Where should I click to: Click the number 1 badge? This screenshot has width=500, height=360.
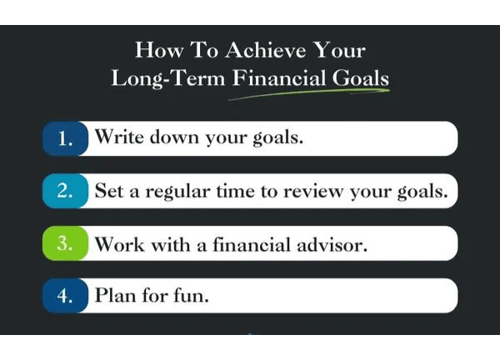coord(65,138)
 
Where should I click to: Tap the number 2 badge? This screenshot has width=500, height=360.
coord(65,191)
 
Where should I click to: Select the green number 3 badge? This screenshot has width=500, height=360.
coord(65,243)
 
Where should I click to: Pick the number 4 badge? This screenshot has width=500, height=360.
coord(65,296)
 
